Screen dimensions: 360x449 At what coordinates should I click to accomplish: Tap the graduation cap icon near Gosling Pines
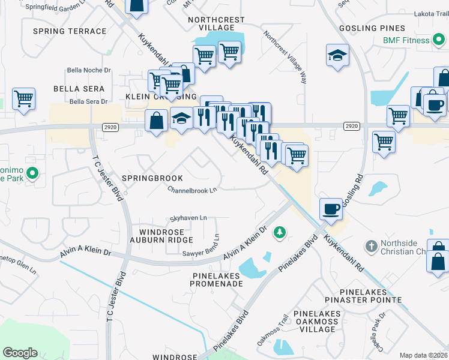point(337,55)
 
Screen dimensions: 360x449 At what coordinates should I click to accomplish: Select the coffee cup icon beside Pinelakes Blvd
point(331,209)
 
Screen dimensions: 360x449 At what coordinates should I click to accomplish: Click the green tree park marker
point(279,232)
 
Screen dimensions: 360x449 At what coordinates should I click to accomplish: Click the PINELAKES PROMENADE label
point(208,280)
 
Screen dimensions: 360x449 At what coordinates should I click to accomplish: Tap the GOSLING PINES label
point(372,28)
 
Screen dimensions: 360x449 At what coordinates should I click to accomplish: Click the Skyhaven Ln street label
point(188,218)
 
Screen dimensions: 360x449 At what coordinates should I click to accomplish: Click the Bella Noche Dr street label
point(89,70)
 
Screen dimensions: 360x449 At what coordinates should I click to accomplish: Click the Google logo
point(20,353)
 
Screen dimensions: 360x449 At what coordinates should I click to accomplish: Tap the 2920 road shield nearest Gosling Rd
point(352,125)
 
